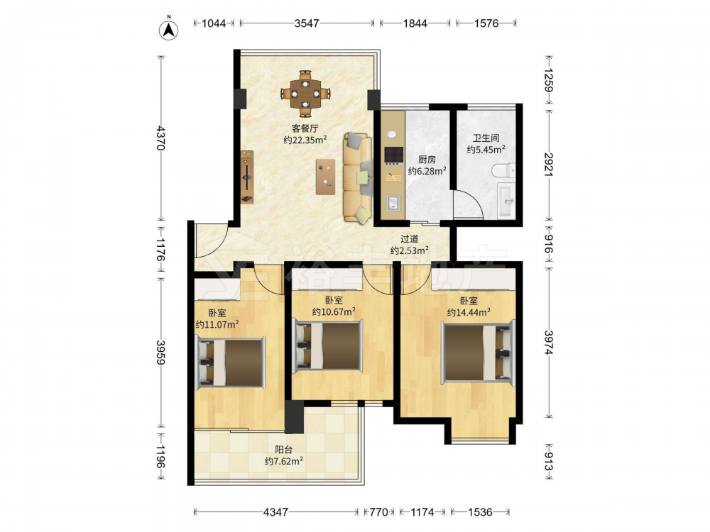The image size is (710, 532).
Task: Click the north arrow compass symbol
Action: [168, 29]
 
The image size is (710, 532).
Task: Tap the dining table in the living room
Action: [305, 94]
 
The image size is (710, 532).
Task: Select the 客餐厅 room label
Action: [305, 128]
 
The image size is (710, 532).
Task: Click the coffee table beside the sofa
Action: [326, 177]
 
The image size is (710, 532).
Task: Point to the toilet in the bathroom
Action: [503, 170]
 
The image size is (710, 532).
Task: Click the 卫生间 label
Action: [486, 138]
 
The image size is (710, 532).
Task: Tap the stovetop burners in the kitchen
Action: [393, 155]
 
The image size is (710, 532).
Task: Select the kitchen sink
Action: [393, 203]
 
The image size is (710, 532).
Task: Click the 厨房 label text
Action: [427, 159]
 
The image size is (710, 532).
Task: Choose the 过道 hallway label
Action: [410, 239]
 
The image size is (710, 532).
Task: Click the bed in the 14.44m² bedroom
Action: [479, 353]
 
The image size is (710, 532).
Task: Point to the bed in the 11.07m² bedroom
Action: [230, 362]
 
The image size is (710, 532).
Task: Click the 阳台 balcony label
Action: [284, 450]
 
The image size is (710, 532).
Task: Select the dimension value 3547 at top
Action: [307, 23]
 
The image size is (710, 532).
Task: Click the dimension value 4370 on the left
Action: [160, 138]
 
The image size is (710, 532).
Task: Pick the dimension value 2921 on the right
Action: [548, 165]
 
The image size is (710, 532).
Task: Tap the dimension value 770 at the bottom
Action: [379, 512]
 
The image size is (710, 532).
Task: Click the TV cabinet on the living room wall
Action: [247, 177]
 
